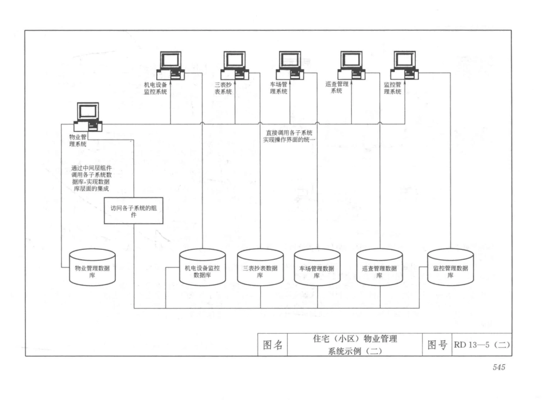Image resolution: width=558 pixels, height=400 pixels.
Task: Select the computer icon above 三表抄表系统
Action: (234, 65)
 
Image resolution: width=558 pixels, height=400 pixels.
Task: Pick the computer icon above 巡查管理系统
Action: (351, 65)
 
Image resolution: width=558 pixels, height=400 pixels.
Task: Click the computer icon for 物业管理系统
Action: (88, 117)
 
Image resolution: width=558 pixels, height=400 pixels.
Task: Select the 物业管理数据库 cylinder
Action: (92, 267)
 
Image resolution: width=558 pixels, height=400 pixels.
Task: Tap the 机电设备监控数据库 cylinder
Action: (202, 267)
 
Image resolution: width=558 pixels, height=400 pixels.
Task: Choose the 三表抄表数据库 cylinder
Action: (260, 267)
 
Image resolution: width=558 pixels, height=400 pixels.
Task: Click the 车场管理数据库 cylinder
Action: (317, 267)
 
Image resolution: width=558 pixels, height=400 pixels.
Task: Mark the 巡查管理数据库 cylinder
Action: (379, 267)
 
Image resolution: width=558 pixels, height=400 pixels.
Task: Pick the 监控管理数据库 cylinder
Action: (450, 267)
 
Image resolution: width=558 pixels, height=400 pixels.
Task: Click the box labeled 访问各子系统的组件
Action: (133, 211)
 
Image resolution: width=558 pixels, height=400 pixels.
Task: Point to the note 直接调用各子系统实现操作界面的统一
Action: (291, 137)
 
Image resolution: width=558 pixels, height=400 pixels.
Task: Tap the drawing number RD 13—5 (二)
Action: (481, 344)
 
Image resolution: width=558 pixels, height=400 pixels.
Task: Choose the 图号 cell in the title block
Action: (435, 345)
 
